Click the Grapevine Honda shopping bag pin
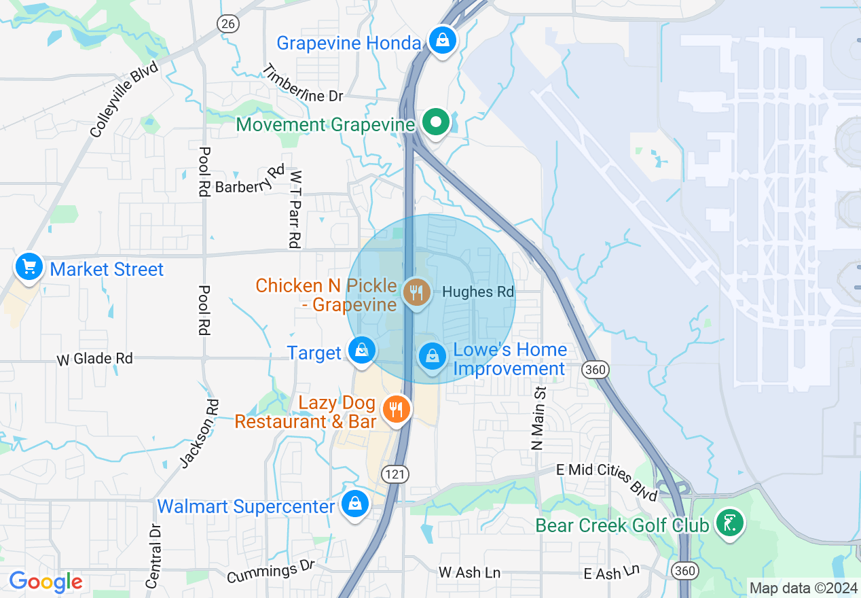click(443, 41)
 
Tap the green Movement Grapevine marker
click(437, 123)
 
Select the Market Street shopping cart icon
click(29, 266)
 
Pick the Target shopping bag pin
click(362, 351)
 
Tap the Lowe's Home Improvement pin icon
click(433, 355)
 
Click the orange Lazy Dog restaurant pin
click(396, 409)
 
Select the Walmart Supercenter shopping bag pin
click(354, 504)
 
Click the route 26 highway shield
click(229, 23)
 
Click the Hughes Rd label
click(478, 292)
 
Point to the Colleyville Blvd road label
click(124, 99)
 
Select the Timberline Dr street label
click(302, 84)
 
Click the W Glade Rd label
click(94, 358)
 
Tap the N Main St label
click(539, 419)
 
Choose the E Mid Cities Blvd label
click(607, 480)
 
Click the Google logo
click(45, 582)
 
